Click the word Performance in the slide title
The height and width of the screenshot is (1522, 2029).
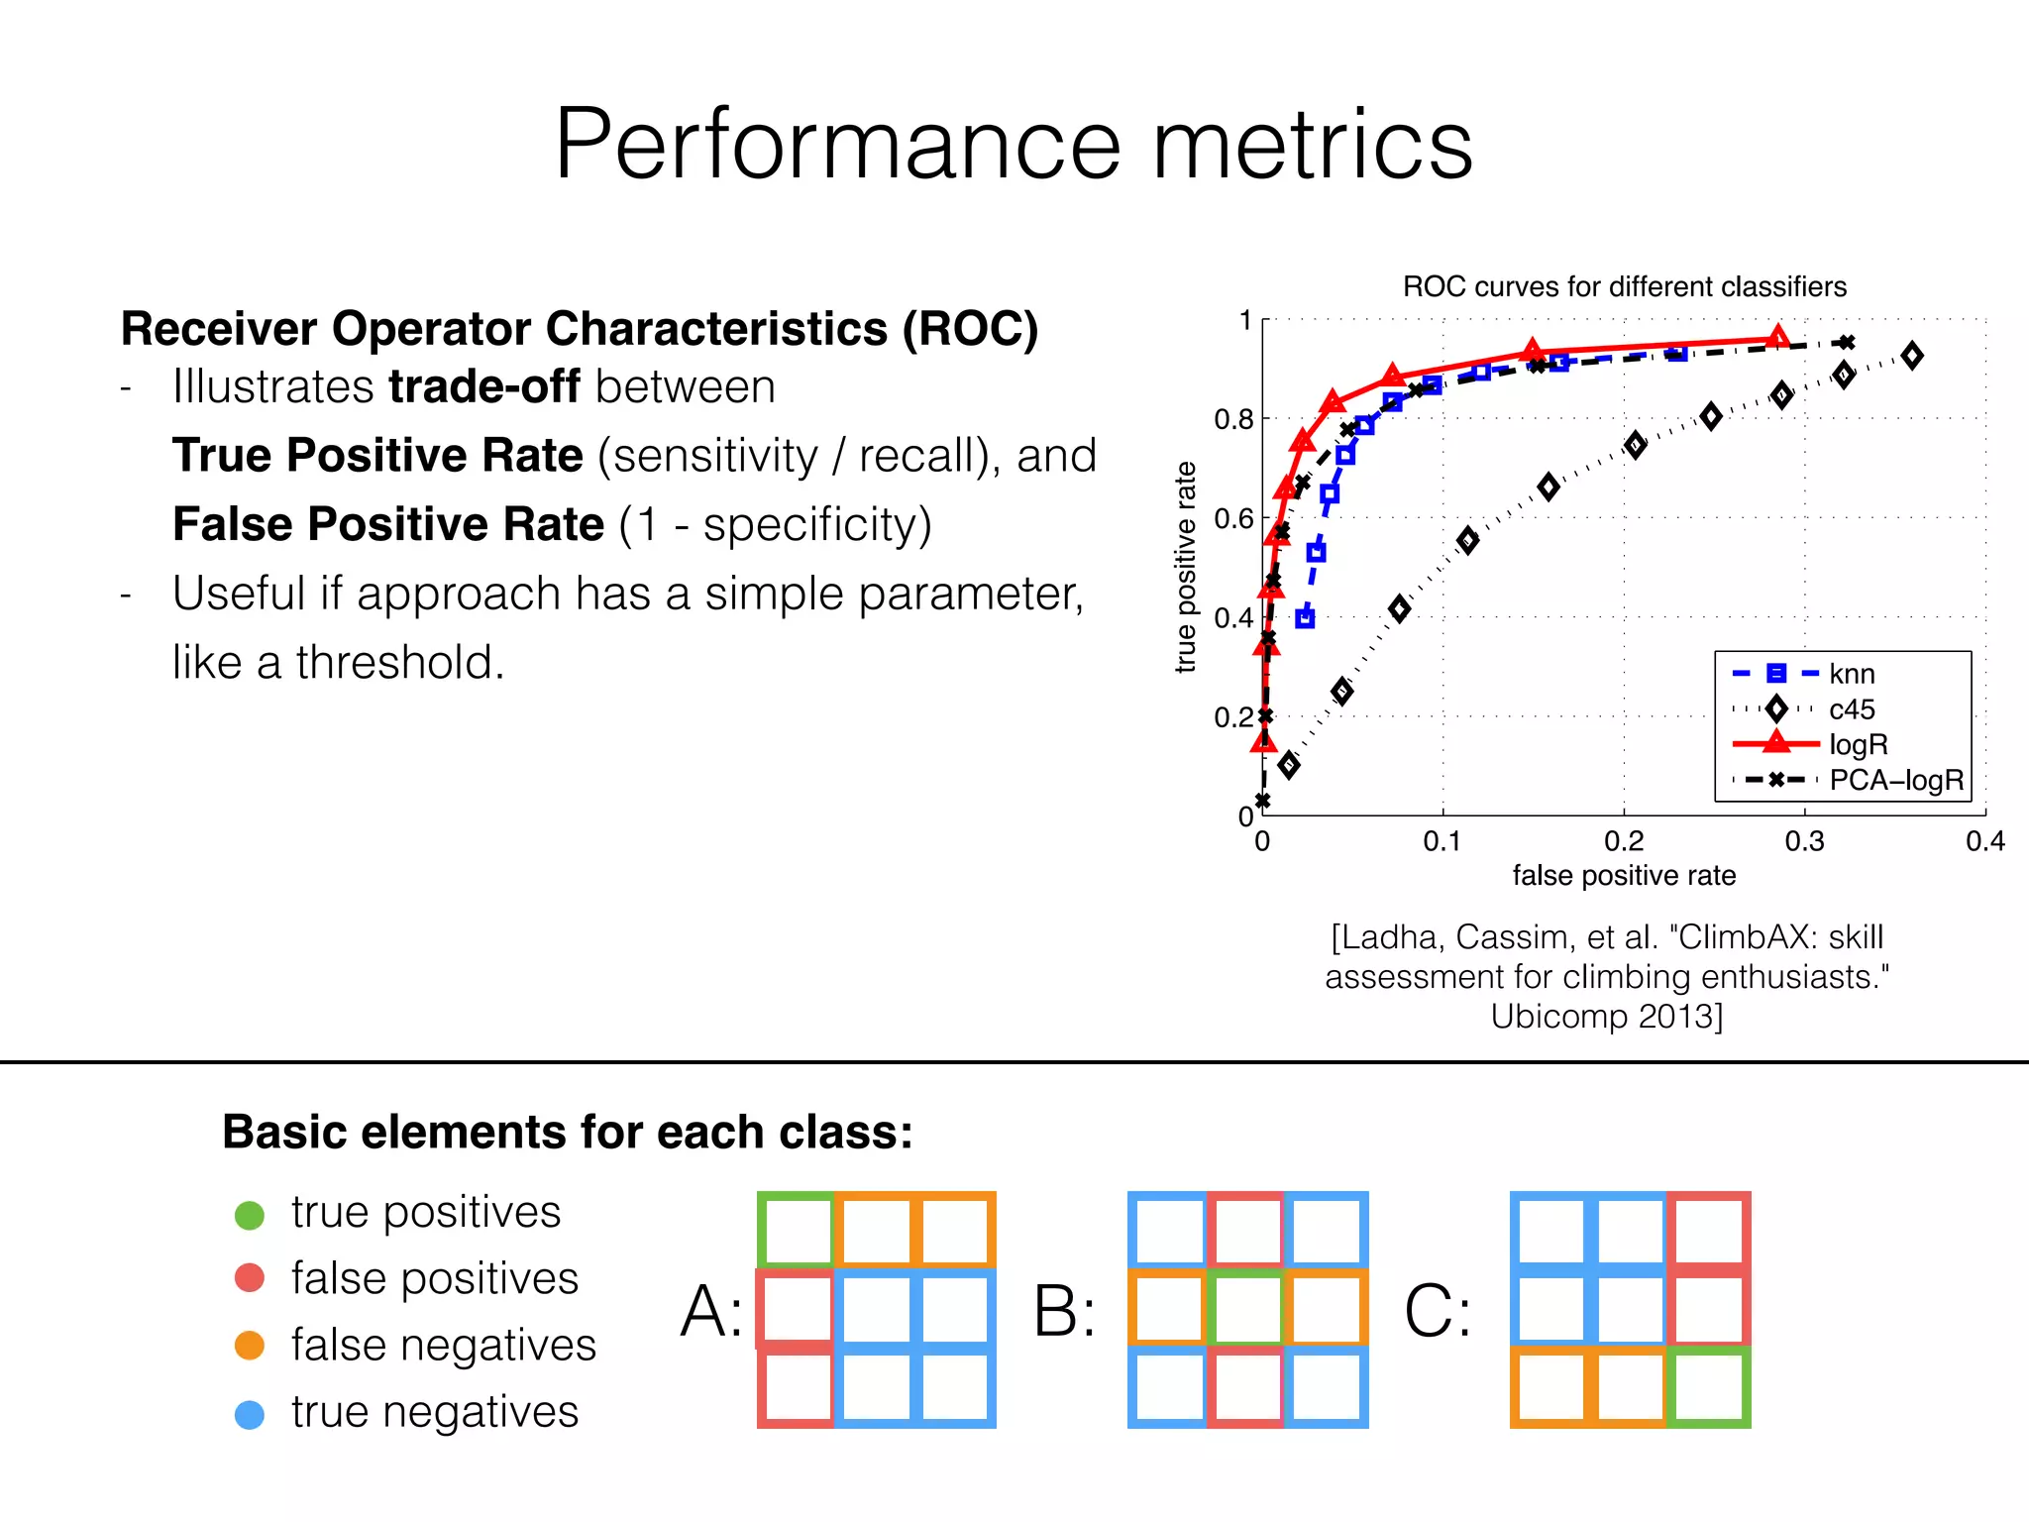pyautogui.click(x=837, y=146)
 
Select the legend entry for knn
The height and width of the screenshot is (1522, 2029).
pyautogui.click(x=1851, y=674)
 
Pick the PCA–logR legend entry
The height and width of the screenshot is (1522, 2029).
pyautogui.click(x=1895, y=780)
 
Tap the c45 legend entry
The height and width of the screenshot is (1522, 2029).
pyautogui.click(x=1851, y=709)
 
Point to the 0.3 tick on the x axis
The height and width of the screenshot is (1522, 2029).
pyautogui.click(x=1804, y=841)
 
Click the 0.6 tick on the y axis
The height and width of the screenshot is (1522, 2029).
pyautogui.click(x=1233, y=518)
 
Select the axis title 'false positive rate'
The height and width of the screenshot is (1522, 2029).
pyautogui.click(x=1624, y=875)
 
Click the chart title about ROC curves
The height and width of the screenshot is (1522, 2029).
pyautogui.click(x=1624, y=286)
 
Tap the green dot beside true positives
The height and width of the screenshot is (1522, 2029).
pyautogui.click(x=250, y=1214)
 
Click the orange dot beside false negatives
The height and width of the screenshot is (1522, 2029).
pyautogui.click(x=250, y=1346)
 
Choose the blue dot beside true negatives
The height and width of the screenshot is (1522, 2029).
pyautogui.click(x=250, y=1413)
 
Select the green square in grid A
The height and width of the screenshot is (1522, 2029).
pyautogui.click(x=797, y=1230)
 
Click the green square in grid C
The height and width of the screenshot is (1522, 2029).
pyautogui.click(x=1709, y=1387)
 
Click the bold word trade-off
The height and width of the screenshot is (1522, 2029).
pyautogui.click(x=483, y=386)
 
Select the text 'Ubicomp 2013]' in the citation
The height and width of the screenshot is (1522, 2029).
pyautogui.click(x=1606, y=1017)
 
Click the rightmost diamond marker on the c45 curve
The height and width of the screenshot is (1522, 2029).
pyautogui.click(x=1912, y=356)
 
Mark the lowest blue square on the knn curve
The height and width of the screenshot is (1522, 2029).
pyautogui.click(x=1305, y=618)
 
